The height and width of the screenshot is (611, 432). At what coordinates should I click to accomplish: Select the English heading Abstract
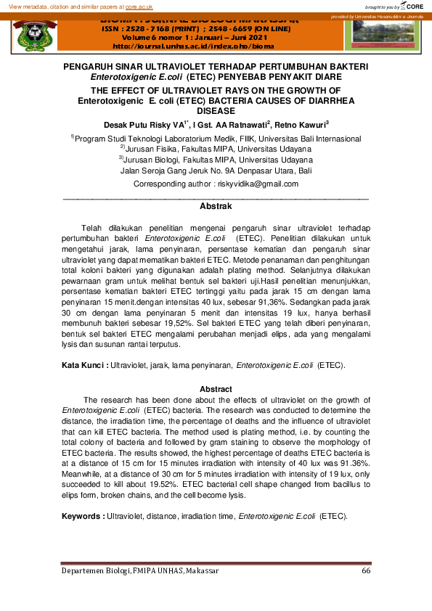(x=216, y=390)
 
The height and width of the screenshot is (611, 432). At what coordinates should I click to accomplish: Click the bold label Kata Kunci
(x=84, y=364)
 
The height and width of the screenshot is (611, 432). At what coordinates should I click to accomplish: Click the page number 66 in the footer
(x=365, y=571)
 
